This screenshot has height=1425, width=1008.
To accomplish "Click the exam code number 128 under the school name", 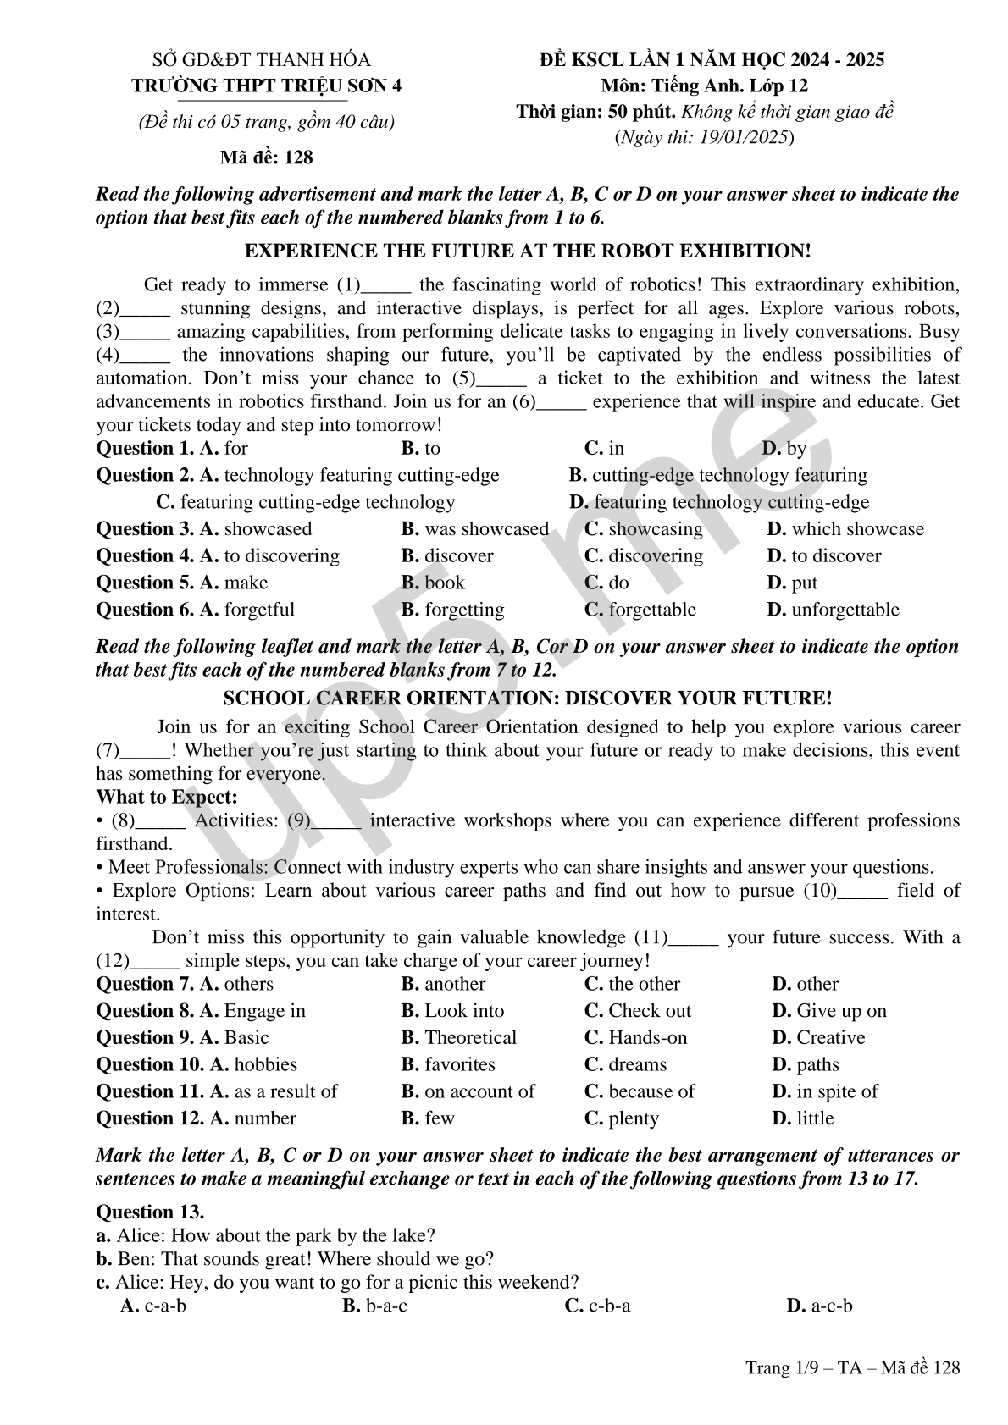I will pos(298,157).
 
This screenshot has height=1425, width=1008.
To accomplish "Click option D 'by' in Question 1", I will pos(795,449).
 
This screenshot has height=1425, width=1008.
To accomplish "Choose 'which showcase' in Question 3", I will pos(857,529).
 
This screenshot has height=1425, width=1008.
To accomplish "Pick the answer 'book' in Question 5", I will pos(445,583).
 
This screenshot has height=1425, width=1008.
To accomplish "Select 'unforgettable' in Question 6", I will pos(845,610).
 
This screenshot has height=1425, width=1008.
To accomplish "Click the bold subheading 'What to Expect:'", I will pos(167,797).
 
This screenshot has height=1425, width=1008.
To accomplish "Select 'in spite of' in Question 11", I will pos(837,1091).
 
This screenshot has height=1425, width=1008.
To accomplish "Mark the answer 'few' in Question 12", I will pos(439,1118).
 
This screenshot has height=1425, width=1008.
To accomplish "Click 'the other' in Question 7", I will pos(644,984).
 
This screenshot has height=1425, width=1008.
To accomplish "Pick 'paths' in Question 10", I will pos(817,1064).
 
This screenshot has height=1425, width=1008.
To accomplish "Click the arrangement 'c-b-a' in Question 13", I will pos(609,1306).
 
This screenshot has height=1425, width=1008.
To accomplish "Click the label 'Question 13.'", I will pos(150,1212).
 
